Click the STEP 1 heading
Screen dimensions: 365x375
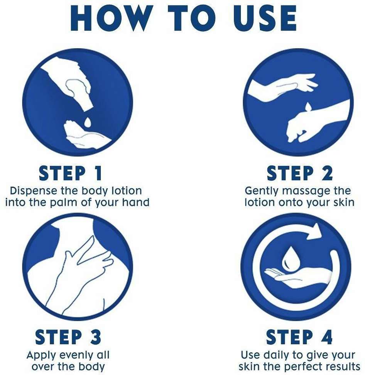(70, 173)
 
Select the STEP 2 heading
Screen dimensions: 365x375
(299, 173)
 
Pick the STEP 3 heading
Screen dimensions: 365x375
(68, 337)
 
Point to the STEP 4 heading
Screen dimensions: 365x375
(299, 337)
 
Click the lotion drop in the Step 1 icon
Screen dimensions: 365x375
(87, 122)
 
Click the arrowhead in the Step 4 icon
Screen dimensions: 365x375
(314, 231)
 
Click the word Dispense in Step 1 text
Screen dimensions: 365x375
(34, 191)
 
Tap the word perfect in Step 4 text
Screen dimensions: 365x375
(303, 367)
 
